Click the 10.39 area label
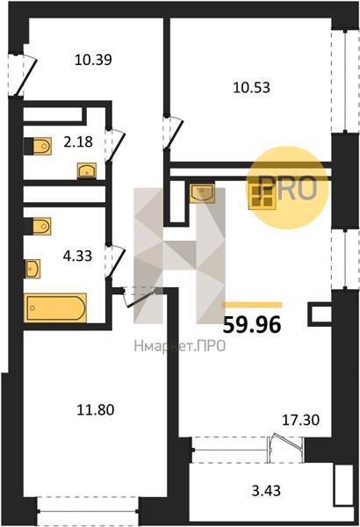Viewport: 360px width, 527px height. [x=93, y=60]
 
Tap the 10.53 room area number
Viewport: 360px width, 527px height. [x=252, y=88]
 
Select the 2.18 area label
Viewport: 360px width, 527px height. [x=77, y=141]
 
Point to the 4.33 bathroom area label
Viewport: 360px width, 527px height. [x=77, y=256]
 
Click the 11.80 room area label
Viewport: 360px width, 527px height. [x=96, y=410]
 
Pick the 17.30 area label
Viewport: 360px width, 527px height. [x=300, y=420]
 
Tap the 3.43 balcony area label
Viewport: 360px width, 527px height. [x=266, y=491]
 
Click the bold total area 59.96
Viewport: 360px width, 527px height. [x=252, y=325]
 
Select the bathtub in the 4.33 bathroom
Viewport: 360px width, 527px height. [x=55, y=308]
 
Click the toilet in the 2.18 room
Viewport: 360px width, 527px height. [x=38, y=146]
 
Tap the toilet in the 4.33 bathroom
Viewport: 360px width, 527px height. [x=38, y=226]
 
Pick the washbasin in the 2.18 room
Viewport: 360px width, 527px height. [x=87, y=170]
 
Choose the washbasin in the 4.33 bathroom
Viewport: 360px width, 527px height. [x=32, y=269]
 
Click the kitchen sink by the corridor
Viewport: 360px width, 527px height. [x=202, y=193]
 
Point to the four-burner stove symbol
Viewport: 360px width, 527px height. [x=263, y=198]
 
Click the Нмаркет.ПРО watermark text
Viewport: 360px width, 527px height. [x=179, y=345]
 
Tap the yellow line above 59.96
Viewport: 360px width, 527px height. [x=253, y=305]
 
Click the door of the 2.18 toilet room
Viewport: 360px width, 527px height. [x=115, y=145]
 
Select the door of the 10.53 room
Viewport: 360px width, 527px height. [x=173, y=133]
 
